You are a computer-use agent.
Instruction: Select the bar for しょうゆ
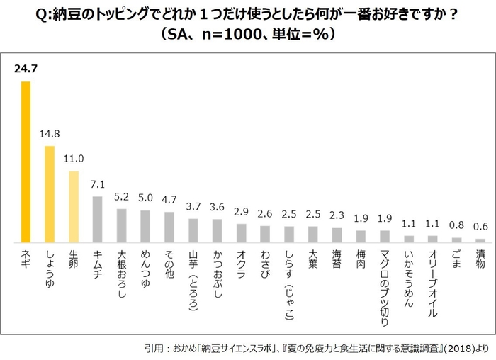click(50, 194)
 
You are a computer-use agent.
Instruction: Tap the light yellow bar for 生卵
click(74, 206)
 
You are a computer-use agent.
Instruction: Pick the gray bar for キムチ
click(98, 219)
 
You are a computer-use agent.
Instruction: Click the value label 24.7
click(26, 69)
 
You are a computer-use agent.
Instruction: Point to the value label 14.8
click(50, 134)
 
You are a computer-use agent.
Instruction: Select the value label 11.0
click(74, 159)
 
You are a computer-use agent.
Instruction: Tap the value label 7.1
click(98, 184)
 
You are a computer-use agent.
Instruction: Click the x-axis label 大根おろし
click(122, 273)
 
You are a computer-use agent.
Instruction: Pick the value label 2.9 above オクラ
click(242, 212)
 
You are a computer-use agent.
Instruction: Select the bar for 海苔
click(337, 235)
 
